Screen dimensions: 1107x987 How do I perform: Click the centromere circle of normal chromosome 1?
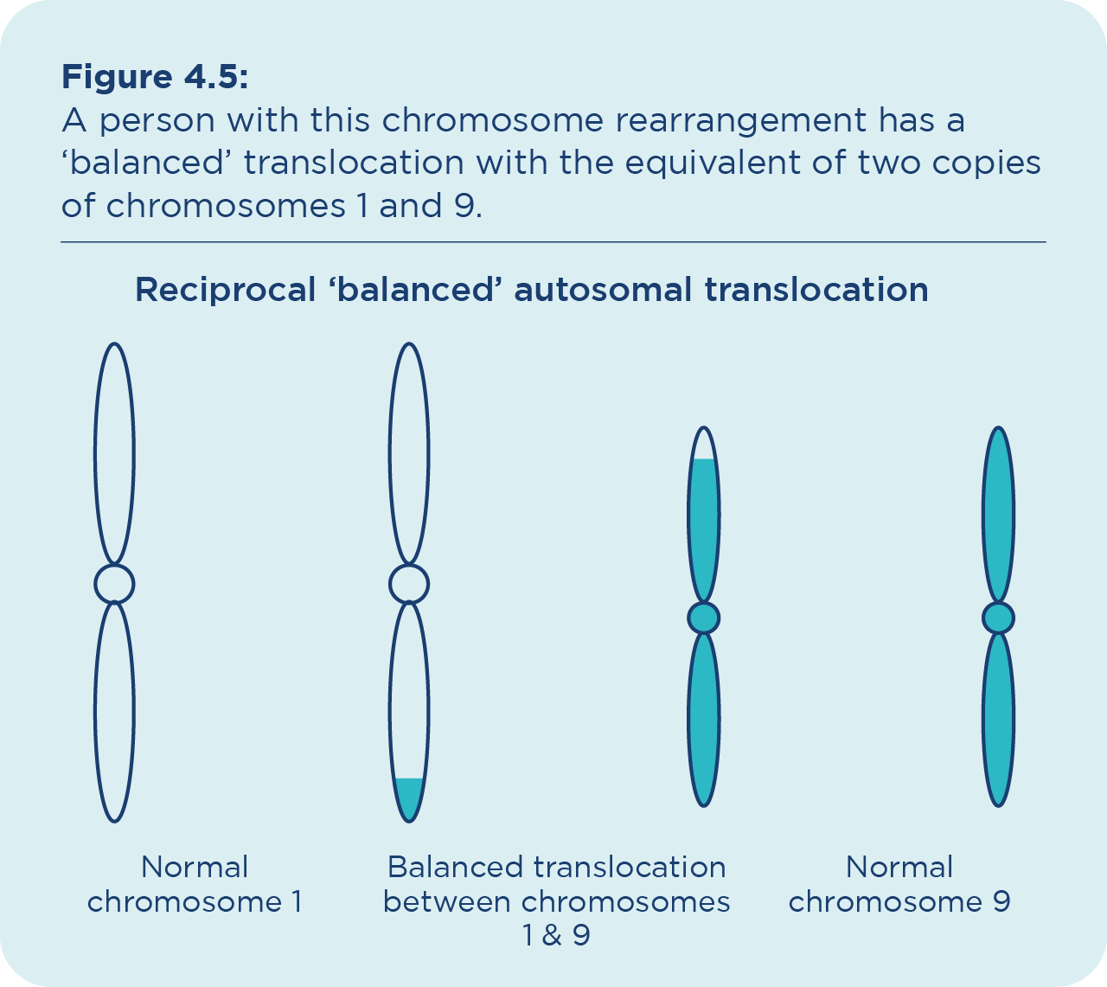tap(114, 584)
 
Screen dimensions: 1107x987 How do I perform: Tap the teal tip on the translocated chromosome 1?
tap(409, 796)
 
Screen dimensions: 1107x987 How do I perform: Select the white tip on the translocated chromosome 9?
tap(704, 445)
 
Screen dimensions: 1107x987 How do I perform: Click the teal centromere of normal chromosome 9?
tap(998, 618)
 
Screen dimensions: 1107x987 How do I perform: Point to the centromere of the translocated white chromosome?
tap(409, 584)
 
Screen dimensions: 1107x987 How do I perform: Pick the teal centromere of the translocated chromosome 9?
tap(704, 618)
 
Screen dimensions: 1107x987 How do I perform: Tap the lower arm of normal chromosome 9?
tap(998, 718)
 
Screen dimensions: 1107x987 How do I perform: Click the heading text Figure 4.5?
tap(155, 78)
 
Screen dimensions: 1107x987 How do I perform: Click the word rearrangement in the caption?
tap(740, 120)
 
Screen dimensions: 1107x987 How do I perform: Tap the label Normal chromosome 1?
tap(195, 884)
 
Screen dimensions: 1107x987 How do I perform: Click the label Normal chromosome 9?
tap(899, 884)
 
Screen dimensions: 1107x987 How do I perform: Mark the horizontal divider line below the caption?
tap(553, 242)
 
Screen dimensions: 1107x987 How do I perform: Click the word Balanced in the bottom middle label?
tap(455, 867)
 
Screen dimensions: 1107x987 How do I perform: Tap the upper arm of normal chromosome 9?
tap(998, 515)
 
